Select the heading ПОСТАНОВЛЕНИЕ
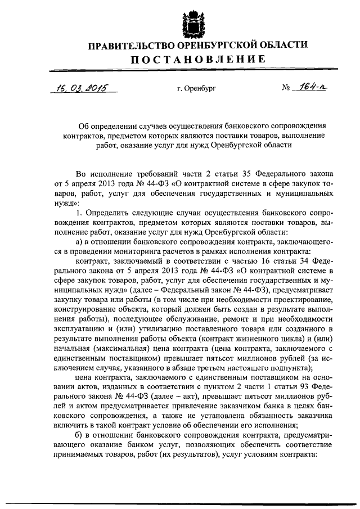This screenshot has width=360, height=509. point(190,60)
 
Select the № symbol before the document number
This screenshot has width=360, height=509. point(286,89)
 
